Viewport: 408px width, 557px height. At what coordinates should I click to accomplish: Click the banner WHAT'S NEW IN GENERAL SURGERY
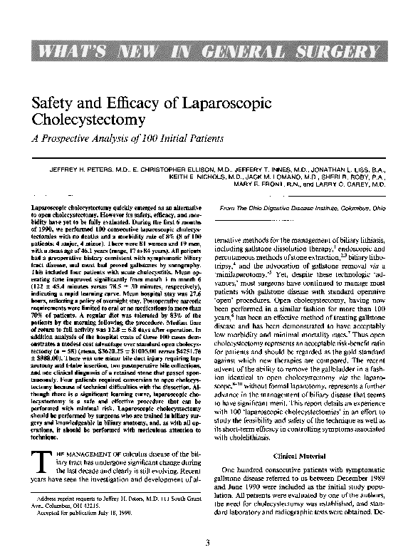click(x=204, y=52)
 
